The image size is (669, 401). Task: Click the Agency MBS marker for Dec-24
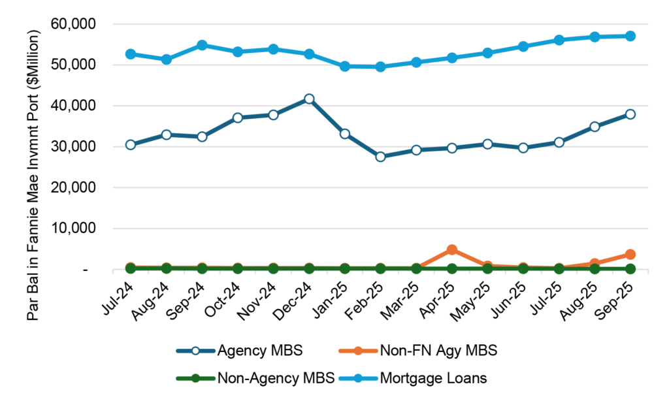click(309, 99)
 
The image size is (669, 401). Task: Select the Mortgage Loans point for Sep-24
click(202, 46)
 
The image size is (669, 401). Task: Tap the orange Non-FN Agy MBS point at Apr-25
click(451, 250)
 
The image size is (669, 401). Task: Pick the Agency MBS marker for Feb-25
click(380, 157)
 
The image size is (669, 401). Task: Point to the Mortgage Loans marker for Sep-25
click(630, 36)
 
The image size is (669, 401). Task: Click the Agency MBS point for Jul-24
click(131, 144)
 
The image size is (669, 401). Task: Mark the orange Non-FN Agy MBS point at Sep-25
click(630, 254)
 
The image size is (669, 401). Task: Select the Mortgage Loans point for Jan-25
click(344, 66)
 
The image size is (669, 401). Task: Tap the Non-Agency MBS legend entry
click(256, 377)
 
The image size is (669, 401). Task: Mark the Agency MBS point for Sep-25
click(630, 114)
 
